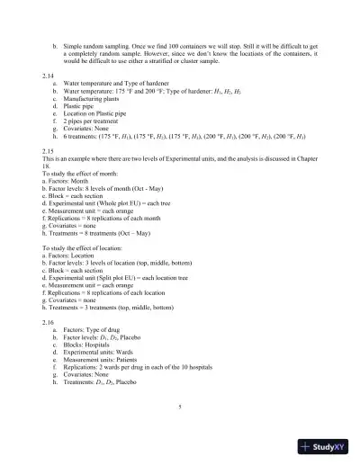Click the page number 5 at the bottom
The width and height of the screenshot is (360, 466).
coord(180,407)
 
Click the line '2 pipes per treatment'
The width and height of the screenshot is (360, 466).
coord(100,130)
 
